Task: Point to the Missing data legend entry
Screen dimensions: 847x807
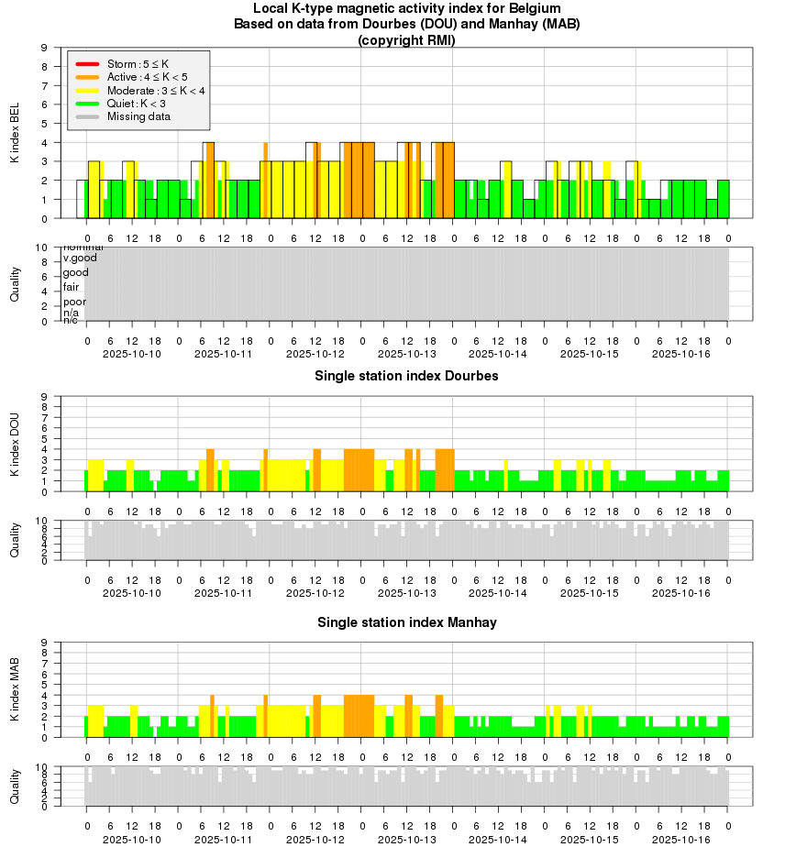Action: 138,116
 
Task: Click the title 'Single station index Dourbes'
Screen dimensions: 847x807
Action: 406,376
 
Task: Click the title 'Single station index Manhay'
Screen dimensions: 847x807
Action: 406,622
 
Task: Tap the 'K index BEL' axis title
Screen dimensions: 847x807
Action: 15,133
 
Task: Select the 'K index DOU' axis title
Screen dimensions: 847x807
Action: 15,445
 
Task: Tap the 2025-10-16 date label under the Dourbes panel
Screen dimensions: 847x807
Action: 681,593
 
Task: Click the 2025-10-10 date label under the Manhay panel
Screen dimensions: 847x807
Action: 132,840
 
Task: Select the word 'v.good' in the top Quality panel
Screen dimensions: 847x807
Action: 80,258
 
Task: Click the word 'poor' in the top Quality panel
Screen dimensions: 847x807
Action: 74,302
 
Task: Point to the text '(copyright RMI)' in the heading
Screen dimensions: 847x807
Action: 406,39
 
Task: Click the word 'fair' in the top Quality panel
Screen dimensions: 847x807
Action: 72,287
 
